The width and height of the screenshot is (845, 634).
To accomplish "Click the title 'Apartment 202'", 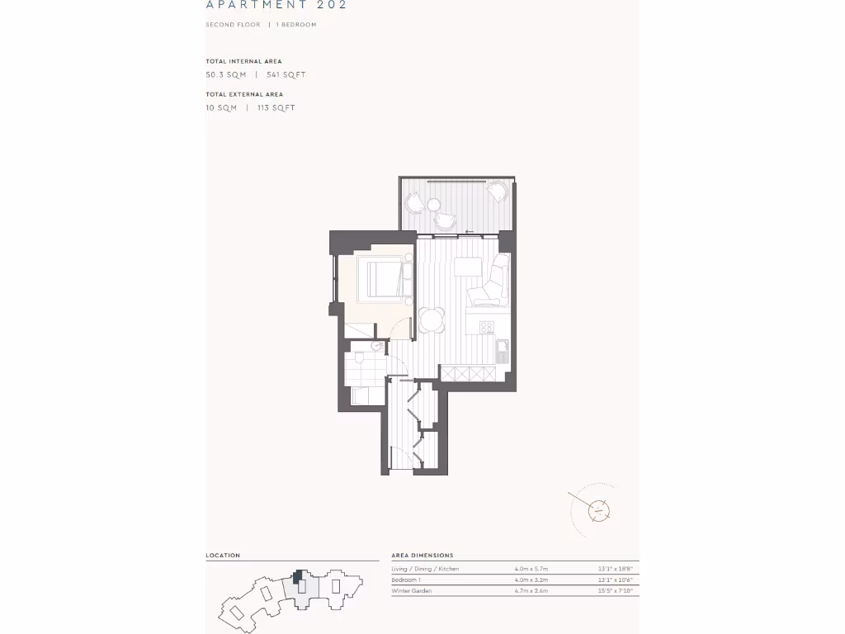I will click(x=276, y=5).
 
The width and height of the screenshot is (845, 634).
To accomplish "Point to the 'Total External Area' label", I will click(x=244, y=94).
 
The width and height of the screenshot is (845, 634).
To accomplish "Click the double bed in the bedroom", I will click(x=380, y=278).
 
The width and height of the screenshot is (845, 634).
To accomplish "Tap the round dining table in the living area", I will click(x=432, y=319).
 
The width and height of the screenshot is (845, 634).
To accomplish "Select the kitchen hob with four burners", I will click(x=487, y=327).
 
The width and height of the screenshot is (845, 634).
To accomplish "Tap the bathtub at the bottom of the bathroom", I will click(x=362, y=396).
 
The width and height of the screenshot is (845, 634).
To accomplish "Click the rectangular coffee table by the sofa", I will click(x=467, y=267).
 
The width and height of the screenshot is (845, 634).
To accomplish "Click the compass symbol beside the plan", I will click(x=597, y=510).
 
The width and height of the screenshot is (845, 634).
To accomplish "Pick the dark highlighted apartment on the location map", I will click(x=298, y=575).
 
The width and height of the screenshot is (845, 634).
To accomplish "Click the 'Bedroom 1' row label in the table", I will click(x=406, y=580).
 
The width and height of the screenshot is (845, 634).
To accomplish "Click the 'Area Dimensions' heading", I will click(x=422, y=556).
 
